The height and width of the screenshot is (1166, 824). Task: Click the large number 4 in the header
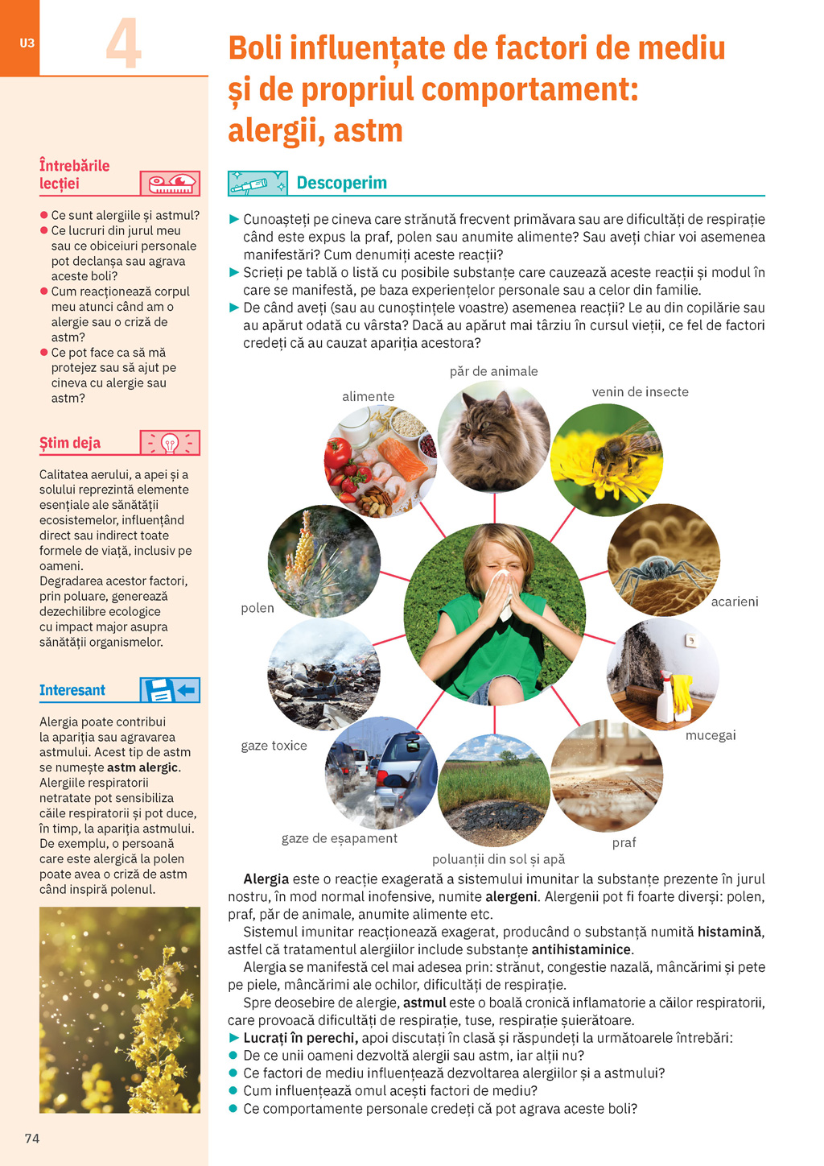click(124, 43)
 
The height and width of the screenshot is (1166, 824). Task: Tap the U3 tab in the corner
click(27, 43)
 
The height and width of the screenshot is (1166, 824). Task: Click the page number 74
click(32, 1138)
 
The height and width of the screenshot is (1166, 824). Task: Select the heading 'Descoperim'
click(341, 183)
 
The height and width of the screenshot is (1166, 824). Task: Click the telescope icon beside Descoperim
click(257, 184)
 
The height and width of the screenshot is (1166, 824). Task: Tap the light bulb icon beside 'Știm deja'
click(170, 443)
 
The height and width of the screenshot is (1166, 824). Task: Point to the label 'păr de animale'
click(493, 371)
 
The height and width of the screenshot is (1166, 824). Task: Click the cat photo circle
click(493, 437)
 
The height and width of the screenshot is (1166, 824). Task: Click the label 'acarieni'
click(734, 602)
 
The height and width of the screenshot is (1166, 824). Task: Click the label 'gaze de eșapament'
click(339, 838)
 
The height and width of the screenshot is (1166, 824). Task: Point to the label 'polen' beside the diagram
click(257, 608)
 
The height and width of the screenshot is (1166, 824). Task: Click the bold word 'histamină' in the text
click(729, 932)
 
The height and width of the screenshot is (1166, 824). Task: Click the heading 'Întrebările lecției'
click(74, 175)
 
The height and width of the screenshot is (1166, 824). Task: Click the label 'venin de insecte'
click(640, 392)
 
